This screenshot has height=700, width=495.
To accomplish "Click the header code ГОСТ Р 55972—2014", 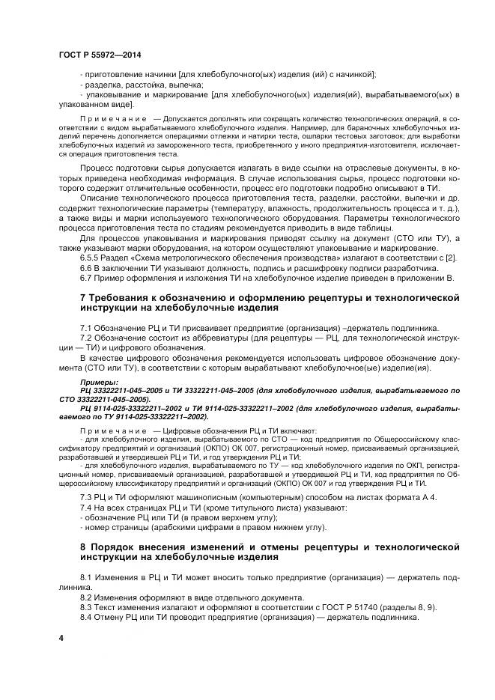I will click(x=99, y=56).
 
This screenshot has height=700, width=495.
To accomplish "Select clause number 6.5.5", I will click(x=91, y=258).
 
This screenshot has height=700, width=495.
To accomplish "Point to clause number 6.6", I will click(x=86, y=268).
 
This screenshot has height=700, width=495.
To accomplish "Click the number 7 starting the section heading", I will click(x=83, y=297).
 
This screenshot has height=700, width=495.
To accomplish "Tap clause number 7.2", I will click(x=86, y=338).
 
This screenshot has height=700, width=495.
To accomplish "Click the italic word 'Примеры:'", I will click(x=99, y=382).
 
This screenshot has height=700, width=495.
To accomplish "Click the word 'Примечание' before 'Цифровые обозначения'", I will click(x=113, y=430).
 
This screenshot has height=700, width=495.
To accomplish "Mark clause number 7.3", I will click(x=86, y=498).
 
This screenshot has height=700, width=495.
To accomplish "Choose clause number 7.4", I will click(x=86, y=508).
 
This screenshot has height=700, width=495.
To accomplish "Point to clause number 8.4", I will click(x=86, y=618).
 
